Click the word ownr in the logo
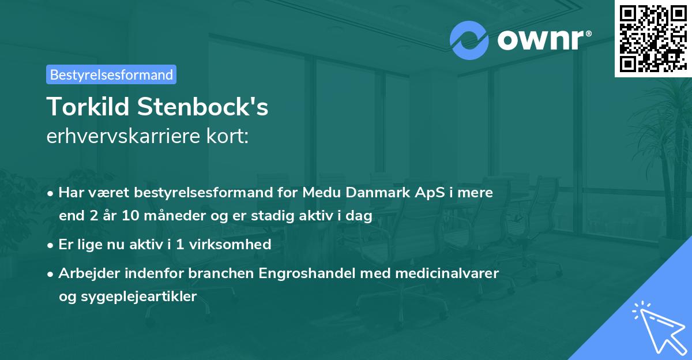point(541,40)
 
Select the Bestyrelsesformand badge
point(111,74)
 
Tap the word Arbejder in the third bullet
point(84,273)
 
